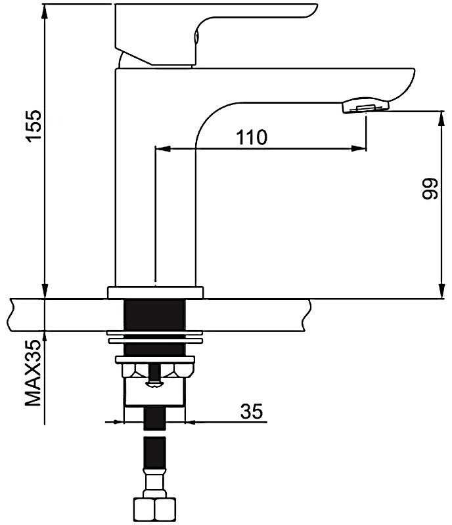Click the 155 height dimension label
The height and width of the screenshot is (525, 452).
click(x=35, y=126)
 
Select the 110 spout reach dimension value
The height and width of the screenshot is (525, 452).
click(x=252, y=137)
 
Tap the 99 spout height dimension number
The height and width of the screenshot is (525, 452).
click(x=430, y=189)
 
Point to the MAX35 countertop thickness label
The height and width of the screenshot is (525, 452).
click(x=34, y=373)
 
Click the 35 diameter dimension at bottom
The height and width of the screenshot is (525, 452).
click(x=252, y=411)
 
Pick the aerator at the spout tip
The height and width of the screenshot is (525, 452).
click(x=365, y=106)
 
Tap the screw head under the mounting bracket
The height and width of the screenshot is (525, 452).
click(x=154, y=384)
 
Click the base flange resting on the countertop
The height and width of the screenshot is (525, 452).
click(x=155, y=292)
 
